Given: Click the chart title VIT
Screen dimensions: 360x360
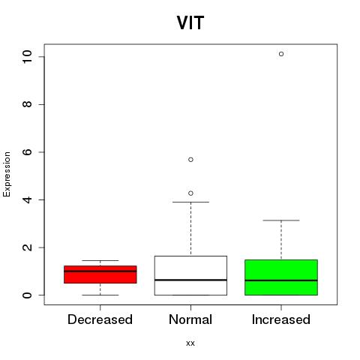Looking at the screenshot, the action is tap(190, 22).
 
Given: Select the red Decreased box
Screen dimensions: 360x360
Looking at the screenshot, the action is tap(100, 274).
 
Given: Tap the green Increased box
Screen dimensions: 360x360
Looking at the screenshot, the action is tap(281, 277).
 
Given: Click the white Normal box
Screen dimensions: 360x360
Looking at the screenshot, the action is tap(190, 275).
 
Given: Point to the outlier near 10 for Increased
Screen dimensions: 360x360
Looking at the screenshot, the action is tap(281, 54).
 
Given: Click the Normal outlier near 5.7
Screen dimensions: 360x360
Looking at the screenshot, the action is tap(190, 160).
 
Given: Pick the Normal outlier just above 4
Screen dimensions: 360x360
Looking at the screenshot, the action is tap(190, 193).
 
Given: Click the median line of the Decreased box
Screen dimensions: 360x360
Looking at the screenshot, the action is tap(100, 271).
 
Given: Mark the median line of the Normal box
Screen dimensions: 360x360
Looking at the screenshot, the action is tap(190, 280).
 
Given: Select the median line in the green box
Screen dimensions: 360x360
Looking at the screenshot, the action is tap(281, 280).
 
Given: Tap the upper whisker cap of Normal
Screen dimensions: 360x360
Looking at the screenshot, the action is tap(190, 202).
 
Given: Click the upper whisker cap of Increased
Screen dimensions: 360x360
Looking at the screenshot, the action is tap(281, 220).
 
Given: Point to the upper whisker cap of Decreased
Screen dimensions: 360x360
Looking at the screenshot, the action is tap(100, 260).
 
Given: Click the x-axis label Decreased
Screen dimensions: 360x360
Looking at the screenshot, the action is tap(100, 319).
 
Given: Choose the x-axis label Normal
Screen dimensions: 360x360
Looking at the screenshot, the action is tap(190, 319).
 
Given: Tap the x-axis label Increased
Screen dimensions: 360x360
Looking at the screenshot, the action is tap(281, 319).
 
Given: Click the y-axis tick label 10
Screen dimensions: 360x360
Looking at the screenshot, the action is tap(27, 57).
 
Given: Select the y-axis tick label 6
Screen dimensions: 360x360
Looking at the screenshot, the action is tap(27, 152).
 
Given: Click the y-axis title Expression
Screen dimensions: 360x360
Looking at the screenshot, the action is tap(7, 174).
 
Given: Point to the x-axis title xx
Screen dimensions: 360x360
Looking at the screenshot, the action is tap(190, 343).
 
